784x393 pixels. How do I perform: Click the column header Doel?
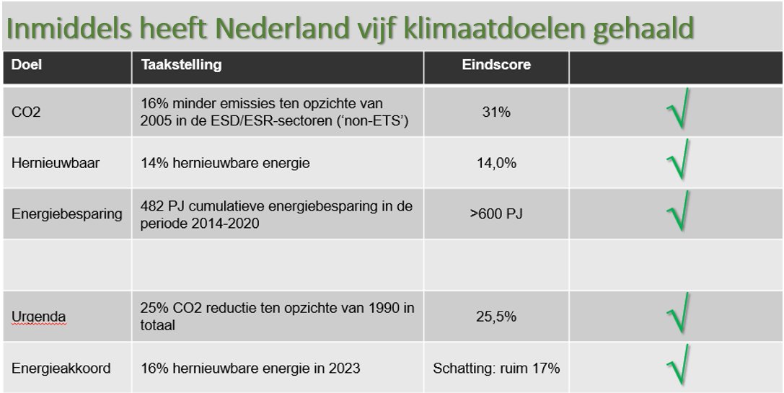coord(27,65)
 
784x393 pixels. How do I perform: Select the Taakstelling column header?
coord(181,65)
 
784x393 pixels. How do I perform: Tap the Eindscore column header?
coord(496,65)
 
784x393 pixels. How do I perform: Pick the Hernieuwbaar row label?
coord(56,163)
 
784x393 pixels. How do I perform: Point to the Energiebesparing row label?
coord(67,214)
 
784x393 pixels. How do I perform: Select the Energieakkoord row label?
coord(61,368)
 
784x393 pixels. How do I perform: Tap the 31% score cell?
coord(496,112)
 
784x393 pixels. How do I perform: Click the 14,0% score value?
coord(496,163)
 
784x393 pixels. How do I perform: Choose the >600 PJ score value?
coord(496,214)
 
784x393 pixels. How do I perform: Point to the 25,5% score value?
coord(496,317)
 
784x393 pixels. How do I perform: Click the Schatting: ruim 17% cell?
coord(496,368)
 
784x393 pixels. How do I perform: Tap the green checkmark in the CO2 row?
coord(677,109)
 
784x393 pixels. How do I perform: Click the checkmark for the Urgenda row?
coord(677,314)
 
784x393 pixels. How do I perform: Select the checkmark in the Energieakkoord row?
coord(677,366)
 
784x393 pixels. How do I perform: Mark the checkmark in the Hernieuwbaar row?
coord(677,160)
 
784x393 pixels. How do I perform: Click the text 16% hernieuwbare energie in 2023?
coord(250,368)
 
